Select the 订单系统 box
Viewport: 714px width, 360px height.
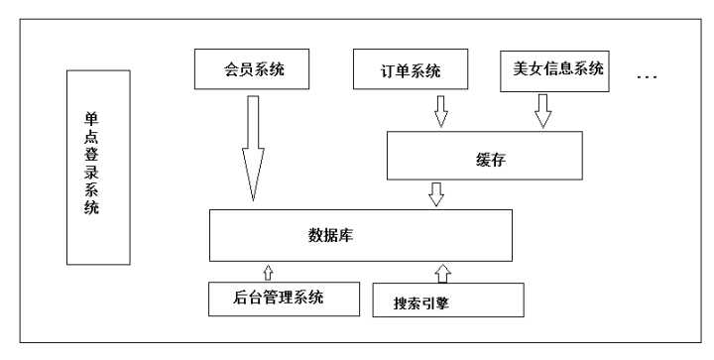411,72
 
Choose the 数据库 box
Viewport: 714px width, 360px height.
361,235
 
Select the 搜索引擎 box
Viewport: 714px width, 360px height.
447,300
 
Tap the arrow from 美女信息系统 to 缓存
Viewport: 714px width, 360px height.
541,111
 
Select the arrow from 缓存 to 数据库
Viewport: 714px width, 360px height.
434,193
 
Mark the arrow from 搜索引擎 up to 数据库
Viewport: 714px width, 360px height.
442,271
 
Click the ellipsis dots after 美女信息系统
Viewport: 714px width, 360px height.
646,75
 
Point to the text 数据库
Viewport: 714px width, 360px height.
332,235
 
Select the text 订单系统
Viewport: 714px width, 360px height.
411,72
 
